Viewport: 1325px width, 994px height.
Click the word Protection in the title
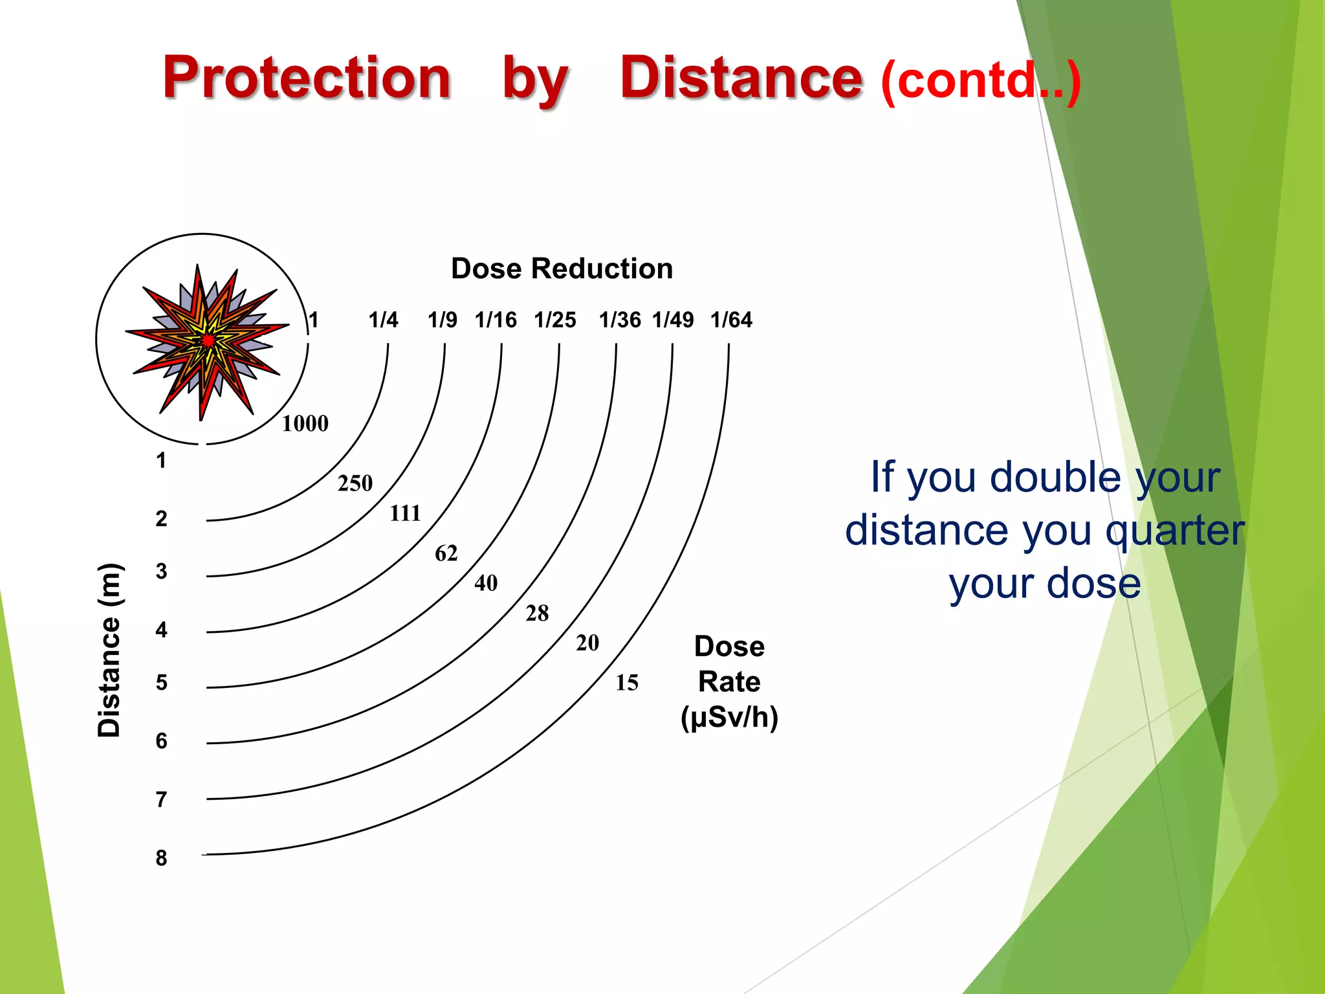pos(307,78)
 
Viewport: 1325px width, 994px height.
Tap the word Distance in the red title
pos(741,78)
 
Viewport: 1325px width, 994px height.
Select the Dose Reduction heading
pos(562,269)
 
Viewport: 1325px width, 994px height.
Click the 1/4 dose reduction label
pos(383,320)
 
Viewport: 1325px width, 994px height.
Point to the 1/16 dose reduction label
pos(496,320)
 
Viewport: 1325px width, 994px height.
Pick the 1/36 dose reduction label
pos(619,320)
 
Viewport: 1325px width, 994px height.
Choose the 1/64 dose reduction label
pos(731,320)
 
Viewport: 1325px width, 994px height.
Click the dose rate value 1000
pos(305,424)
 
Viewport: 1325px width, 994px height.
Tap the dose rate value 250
pos(355,483)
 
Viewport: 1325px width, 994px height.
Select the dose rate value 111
pos(405,513)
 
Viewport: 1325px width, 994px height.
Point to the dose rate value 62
pos(446,553)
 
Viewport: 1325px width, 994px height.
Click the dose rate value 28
pos(537,613)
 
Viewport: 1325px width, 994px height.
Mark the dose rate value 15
pos(626,683)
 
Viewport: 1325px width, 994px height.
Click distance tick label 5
pos(161,683)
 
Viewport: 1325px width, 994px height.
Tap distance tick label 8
pos(161,858)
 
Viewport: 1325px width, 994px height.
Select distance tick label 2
pos(161,518)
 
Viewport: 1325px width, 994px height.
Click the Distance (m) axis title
pos(109,650)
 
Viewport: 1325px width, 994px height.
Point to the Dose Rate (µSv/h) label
pos(729,682)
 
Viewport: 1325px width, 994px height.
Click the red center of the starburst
pos(208,340)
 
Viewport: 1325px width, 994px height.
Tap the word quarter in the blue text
pos(1174,531)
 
